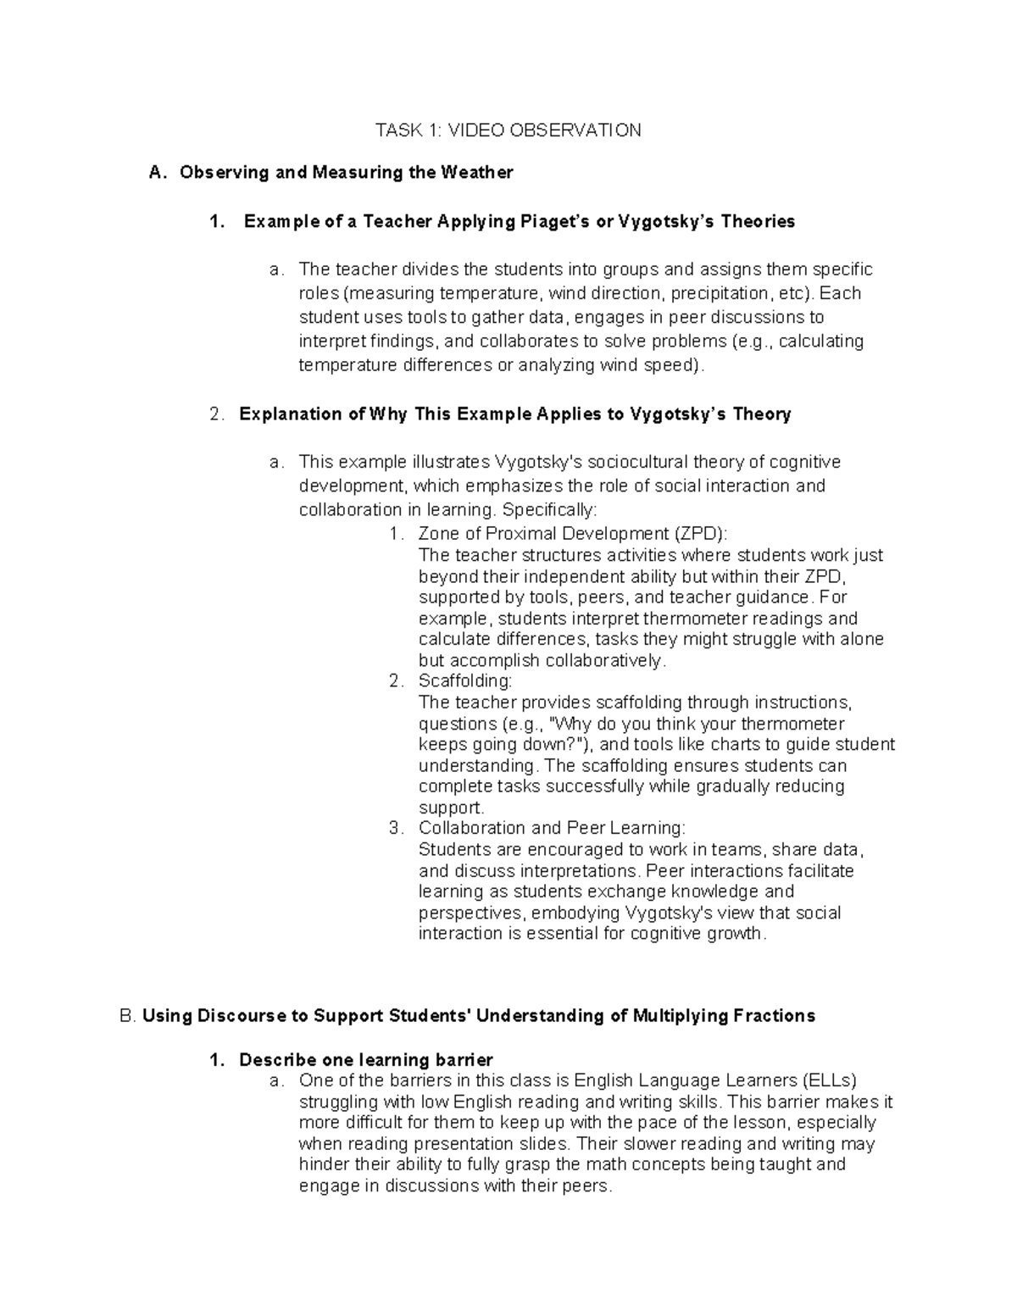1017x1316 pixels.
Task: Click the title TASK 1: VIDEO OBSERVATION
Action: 508,130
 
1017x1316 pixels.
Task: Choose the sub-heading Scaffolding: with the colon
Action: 465,681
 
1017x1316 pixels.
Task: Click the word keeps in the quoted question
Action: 441,745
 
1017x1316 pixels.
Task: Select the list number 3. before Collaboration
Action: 395,828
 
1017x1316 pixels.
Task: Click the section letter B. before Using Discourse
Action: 129,1016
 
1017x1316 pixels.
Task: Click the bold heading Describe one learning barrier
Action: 365,1060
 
